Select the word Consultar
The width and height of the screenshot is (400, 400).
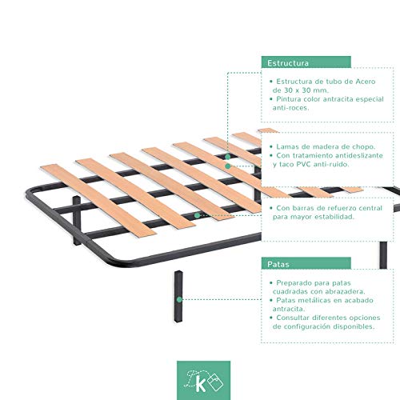298,317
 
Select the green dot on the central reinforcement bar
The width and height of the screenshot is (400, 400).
197,215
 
